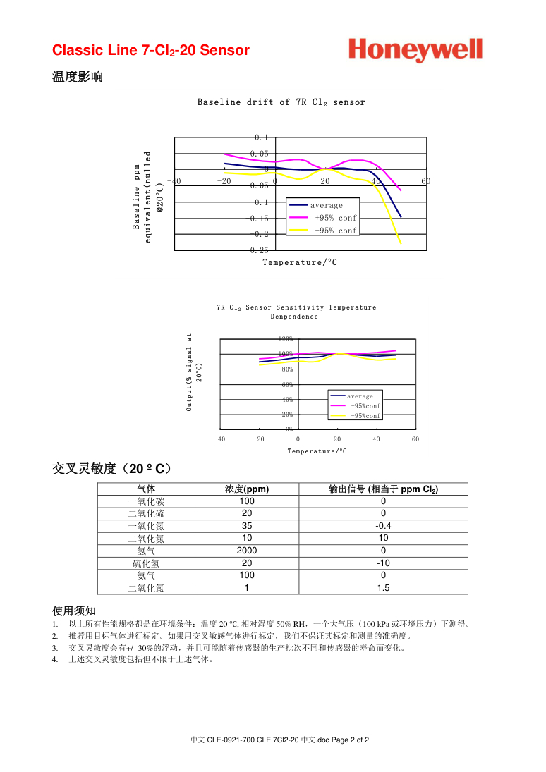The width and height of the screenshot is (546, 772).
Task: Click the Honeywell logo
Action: pos(415,50)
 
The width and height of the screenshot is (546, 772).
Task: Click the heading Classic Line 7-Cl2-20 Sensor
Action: pos(151,50)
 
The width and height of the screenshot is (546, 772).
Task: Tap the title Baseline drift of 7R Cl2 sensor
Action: pos(281,102)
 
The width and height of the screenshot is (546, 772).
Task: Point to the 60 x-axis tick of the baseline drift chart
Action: pos(425,181)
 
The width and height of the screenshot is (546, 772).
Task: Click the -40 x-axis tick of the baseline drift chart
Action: pos(175,181)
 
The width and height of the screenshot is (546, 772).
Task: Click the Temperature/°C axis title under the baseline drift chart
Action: pos(300,262)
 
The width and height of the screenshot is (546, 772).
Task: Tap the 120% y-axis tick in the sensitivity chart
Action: pos(286,339)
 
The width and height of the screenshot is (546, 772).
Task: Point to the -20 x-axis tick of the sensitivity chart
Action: pos(259,439)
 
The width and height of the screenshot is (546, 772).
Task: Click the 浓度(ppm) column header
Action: pos(246,489)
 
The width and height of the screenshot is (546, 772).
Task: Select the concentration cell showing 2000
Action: pos(246,551)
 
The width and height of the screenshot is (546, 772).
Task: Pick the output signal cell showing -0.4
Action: pos(383,526)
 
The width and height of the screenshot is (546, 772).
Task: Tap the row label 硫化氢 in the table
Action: pos(146,563)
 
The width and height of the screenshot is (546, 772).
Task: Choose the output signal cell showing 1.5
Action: pos(383,588)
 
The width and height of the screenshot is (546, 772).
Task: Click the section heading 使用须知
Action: pos(74,611)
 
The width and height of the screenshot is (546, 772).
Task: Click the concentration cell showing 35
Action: pos(246,526)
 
